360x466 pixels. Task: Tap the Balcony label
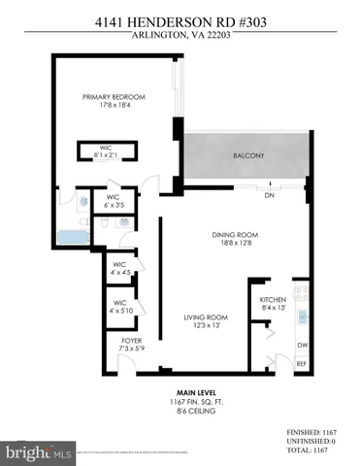tap(244, 156)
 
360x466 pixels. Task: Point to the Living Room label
tap(206, 317)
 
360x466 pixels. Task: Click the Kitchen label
tap(272, 300)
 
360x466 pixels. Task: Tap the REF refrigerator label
tap(301, 363)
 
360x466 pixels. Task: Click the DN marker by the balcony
tap(268, 194)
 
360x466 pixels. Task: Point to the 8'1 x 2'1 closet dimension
tap(107, 155)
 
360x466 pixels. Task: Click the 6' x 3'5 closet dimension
tap(114, 204)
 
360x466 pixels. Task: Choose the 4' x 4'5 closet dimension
tap(120, 271)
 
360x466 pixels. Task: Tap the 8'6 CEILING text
tap(179, 414)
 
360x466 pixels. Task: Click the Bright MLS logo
tap(39, 452)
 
